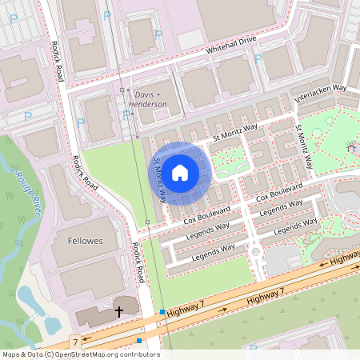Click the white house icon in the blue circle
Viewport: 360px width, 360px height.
180,172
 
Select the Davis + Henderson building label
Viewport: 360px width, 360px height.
150,99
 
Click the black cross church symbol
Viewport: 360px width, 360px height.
119,311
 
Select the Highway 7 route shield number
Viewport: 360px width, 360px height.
74,342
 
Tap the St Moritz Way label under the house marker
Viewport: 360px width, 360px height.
160,177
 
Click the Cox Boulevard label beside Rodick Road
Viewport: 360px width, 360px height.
206,214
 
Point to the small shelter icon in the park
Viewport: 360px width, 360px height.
350,147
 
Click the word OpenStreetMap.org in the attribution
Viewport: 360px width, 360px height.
84,354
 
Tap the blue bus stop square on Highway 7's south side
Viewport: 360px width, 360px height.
139,341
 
